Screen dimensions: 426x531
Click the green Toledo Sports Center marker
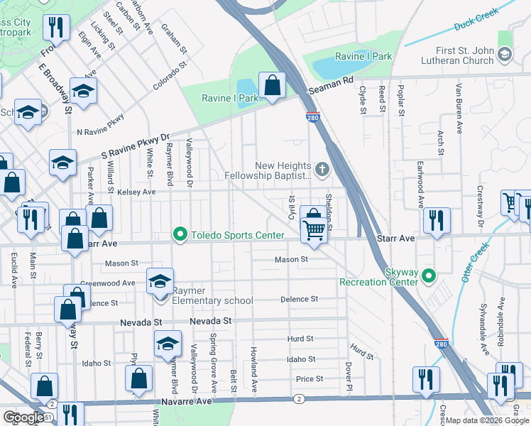[180, 234]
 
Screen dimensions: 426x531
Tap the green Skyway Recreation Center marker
[428, 275]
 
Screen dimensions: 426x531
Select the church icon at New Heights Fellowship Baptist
[322, 169]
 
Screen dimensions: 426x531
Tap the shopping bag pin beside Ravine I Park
[272, 86]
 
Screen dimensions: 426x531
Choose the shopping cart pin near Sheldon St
[314, 229]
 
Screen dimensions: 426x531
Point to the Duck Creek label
[476, 18]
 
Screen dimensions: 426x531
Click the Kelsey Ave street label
[136, 192]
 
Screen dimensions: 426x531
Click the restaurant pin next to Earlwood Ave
[436, 221]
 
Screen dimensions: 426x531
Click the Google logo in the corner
[23, 417]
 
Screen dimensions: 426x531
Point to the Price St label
[310, 379]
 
